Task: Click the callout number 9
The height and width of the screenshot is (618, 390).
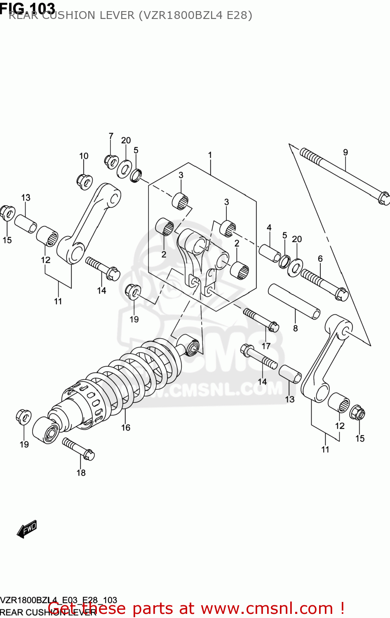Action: [345, 152]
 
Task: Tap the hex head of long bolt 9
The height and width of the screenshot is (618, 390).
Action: [383, 198]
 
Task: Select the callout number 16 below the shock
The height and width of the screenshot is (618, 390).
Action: [126, 428]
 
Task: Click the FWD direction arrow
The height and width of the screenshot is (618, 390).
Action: [27, 529]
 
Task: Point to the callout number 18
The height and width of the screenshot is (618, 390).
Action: [81, 473]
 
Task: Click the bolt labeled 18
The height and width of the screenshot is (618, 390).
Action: [78, 449]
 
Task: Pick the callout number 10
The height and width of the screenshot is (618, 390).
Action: [84, 156]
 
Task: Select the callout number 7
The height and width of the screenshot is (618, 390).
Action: [111, 136]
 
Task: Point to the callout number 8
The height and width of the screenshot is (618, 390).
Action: [295, 328]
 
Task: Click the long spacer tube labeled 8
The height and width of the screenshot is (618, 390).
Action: [294, 301]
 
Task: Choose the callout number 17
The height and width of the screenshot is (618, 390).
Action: [266, 346]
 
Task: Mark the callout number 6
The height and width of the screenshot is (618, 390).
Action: [320, 259]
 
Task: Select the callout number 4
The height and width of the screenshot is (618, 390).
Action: [269, 227]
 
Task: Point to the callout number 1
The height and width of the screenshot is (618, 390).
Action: [210, 155]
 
